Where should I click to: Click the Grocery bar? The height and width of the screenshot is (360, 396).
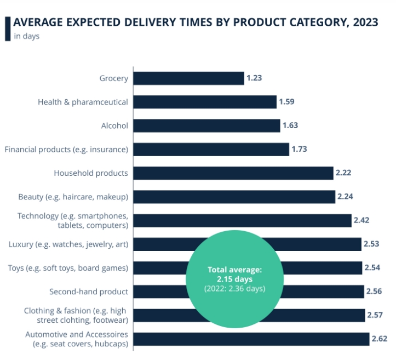[188, 78]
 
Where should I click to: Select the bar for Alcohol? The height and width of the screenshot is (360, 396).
[206, 125]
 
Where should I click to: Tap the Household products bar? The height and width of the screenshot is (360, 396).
[233, 173]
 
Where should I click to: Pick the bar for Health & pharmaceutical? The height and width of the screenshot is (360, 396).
[205, 102]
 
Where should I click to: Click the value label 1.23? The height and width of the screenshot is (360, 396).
[254, 78]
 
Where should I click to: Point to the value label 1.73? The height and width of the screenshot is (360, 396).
[300, 149]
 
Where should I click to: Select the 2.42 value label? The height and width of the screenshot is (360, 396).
[362, 220]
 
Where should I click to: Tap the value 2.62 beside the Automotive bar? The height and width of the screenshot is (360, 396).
[379, 339]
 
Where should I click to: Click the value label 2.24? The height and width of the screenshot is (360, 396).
[346, 197]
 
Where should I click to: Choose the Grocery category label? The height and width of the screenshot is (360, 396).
[114, 78]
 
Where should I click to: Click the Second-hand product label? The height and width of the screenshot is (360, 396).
[89, 292]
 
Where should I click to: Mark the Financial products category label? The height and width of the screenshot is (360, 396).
[66, 149]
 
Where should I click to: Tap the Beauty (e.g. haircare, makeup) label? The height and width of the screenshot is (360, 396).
[73, 197]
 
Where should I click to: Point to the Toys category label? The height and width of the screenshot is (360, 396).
[68, 268]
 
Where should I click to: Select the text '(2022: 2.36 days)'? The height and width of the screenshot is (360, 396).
[234, 289]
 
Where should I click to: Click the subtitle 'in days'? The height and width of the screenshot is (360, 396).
[27, 36]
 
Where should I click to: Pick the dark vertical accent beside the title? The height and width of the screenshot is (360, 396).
[7, 28]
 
